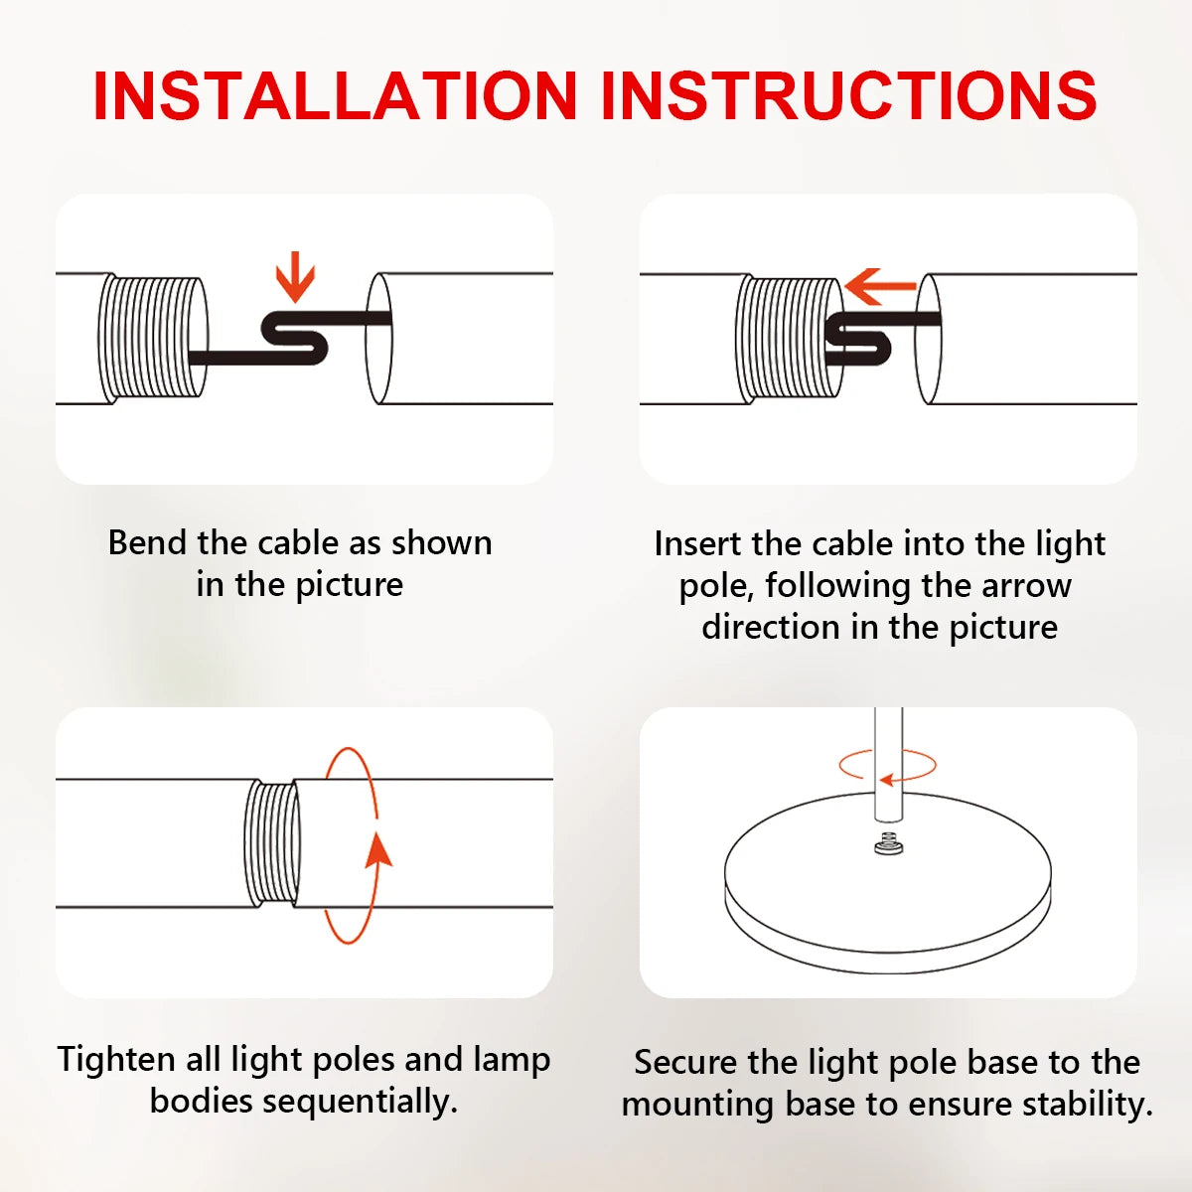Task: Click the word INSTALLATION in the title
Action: [336, 96]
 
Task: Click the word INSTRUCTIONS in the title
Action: [848, 96]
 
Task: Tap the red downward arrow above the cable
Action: [295, 276]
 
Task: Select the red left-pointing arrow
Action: [880, 286]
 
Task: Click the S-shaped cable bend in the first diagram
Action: [294, 338]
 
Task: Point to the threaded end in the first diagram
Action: [153, 338]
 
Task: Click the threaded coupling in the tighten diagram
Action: [272, 843]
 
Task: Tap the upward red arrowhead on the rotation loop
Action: [377, 850]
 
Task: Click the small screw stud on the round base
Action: [888, 843]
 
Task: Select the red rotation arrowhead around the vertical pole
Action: [886, 780]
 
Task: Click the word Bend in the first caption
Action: [147, 543]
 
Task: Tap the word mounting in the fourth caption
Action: [698, 1106]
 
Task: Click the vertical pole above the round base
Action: [888, 765]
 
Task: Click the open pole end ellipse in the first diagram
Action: [378, 339]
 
